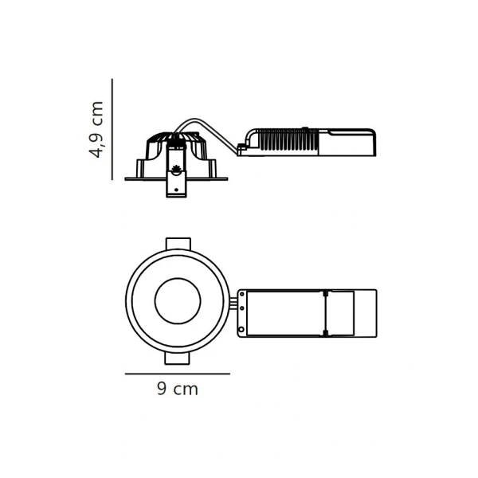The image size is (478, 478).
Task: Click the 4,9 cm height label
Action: click(x=96, y=129)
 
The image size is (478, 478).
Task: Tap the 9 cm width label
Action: click(x=178, y=389)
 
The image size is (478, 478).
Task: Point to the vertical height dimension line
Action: click(x=112, y=129)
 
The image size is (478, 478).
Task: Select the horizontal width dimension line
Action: click(x=178, y=374)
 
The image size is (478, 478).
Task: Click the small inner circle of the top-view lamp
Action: click(x=178, y=278)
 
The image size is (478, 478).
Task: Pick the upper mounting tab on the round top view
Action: click(x=178, y=245)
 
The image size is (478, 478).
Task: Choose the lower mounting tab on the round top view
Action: click(x=178, y=358)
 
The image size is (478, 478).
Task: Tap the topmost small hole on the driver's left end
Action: click(x=242, y=295)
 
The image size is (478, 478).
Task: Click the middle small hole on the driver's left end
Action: click(x=242, y=308)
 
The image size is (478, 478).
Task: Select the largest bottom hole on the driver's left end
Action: click(x=241, y=330)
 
